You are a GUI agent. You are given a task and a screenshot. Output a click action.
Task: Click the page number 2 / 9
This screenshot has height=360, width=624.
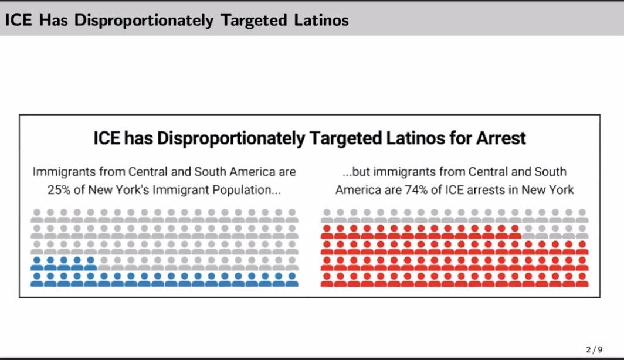coord(594,349)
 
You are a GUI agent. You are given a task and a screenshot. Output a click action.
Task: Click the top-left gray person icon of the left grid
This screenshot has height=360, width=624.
coord(38,215)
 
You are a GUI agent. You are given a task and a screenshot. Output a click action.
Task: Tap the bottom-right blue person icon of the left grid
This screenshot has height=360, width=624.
coord(291,279)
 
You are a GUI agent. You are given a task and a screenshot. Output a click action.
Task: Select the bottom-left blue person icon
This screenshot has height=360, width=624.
coord(38,279)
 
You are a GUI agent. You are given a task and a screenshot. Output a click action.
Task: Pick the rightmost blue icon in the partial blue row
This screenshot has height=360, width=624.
coord(91,263)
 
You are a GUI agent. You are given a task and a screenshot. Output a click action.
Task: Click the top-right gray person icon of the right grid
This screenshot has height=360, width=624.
coord(582,215)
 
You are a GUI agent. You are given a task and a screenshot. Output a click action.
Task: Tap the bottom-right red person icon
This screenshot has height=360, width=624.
coord(582,279)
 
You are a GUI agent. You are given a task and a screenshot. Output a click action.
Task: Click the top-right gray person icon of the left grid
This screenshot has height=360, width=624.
coord(291,215)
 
